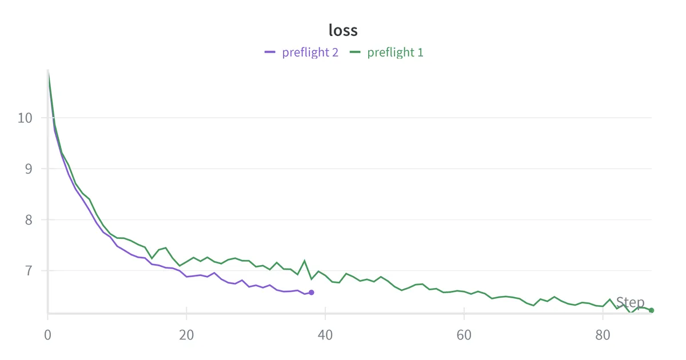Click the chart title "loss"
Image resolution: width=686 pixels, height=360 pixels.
[x=343, y=30]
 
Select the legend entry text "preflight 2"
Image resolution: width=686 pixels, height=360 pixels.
[x=310, y=53]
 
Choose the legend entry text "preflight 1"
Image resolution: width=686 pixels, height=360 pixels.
[x=396, y=53]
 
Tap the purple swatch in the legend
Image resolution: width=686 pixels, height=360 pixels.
[x=270, y=53]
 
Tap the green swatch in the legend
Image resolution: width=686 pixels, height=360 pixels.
[x=356, y=53]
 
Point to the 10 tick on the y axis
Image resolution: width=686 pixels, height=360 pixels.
[x=25, y=118]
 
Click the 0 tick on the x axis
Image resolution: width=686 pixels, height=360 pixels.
[x=48, y=334]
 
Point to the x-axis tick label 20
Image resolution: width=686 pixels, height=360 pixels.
[x=186, y=334]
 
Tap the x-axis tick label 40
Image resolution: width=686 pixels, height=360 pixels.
[x=325, y=334]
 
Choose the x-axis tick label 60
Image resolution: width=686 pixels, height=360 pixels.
[x=464, y=334]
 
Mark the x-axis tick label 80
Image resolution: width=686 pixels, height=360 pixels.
[x=603, y=334]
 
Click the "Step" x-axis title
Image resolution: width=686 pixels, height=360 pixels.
[x=630, y=303]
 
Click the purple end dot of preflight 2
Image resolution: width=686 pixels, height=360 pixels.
[x=312, y=293]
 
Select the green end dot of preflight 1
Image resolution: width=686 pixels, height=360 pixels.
[x=651, y=310]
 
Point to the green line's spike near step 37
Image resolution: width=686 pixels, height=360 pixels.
[x=304, y=261]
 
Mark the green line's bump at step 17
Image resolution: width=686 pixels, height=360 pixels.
[x=166, y=248]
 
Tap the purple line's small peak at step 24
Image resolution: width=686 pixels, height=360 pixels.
[x=214, y=273]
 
